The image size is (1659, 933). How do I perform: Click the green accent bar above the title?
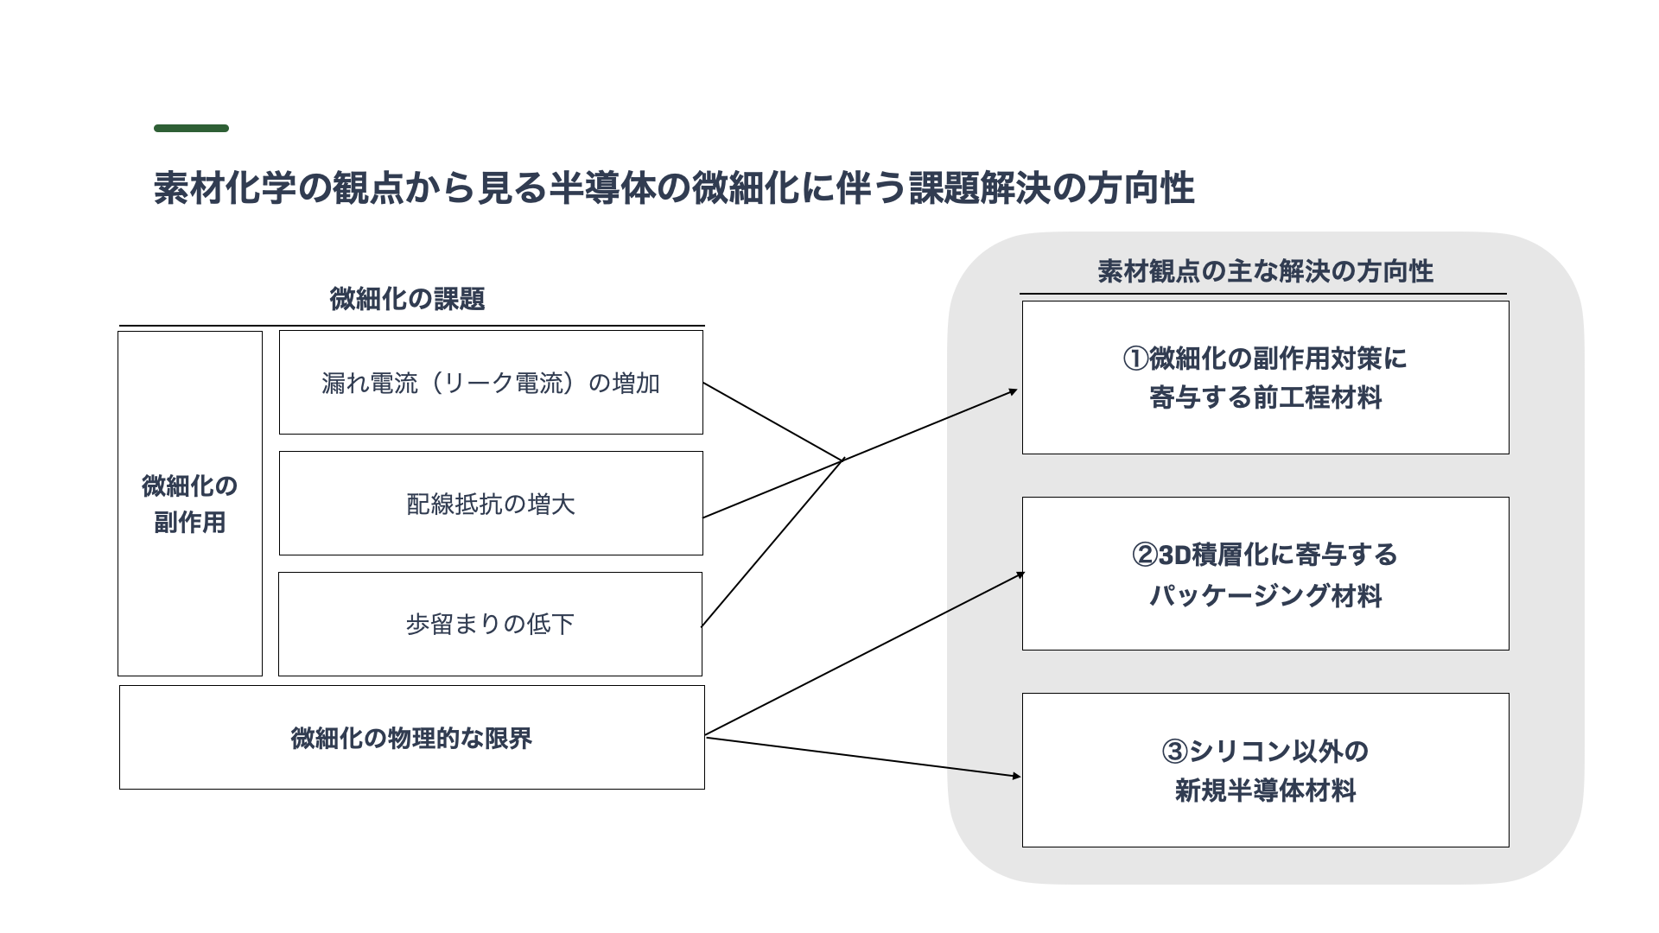click(x=191, y=129)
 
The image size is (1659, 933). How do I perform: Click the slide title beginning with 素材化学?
click(x=674, y=188)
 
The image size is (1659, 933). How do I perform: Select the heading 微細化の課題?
click(x=407, y=299)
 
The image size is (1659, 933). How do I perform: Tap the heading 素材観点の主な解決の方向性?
click(x=1265, y=271)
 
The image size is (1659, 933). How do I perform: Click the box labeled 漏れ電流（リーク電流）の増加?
click(x=491, y=383)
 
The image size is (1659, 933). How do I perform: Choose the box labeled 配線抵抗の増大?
click(x=491, y=503)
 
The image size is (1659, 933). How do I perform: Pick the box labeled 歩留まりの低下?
click(x=490, y=624)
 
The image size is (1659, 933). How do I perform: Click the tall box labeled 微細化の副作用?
click(x=190, y=504)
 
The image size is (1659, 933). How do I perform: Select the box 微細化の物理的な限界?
click(x=412, y=737)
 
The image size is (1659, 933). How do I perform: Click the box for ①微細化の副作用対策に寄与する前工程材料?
click(x=1265, y=378)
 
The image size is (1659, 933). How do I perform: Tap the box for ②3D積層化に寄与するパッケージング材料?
click(x=1265, y=574)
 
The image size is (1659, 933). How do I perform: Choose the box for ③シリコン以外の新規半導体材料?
click(x=1265, y=770)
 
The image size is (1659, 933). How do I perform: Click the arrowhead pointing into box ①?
click(x=1014, y=391)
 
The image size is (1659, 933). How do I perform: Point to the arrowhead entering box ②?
click(x=1020, y=574)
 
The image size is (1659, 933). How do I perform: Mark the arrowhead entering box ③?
click(x=1016, y=777)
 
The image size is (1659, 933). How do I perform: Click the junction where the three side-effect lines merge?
click(x=842, y=460)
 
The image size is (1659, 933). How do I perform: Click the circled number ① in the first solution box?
click(x=1135, y=359)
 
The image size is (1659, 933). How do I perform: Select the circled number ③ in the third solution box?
click(x=1175, y=752)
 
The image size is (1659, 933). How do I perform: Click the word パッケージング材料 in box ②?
click(x=1265, y=595)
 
